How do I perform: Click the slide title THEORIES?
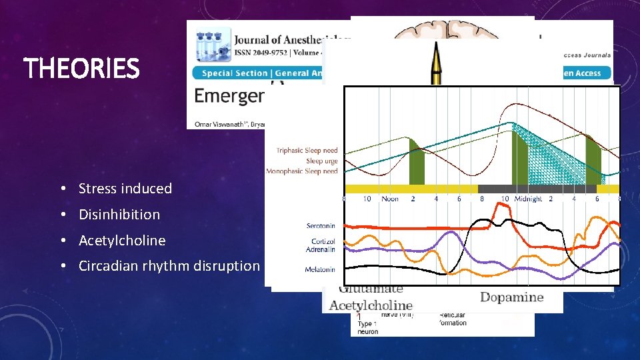click(x=81, y=68)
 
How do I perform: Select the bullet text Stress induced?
click(x=125, y=189)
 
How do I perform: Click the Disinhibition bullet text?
click(x=119, y=215)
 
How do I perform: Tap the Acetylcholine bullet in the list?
click(x=121, y=241)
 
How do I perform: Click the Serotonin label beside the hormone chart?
click(x=320, y=226)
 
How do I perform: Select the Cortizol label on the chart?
click(x=323, y=241)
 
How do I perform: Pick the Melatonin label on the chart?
click(x=320, y=269)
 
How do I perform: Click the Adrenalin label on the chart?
click(x=321, y=250)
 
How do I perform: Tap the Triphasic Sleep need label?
click(x=307, y=151)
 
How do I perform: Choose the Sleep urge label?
click(x=321, y=161)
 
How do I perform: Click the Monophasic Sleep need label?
click(x=302, y=171)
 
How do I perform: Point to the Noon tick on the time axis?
click(x=390, y=199)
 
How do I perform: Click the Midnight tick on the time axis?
click(x=527, y=199)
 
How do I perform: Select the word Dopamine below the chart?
click(x=511, y=297)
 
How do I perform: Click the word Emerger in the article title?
click(x=229, y=96)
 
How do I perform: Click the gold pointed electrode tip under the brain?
click(x=437, y=61)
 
